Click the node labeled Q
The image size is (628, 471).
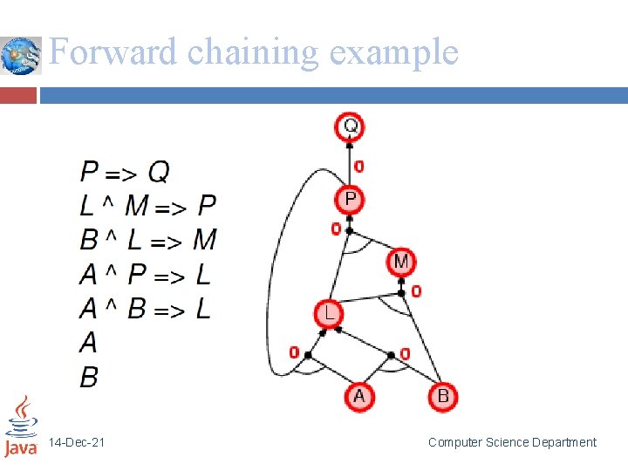pyautogui.click(x=350, y=126)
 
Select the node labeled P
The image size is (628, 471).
pyautogui.click(x=350, y=200)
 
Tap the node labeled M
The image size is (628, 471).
pyautogui.click(x=400, y=261)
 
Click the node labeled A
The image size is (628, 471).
pyautogui.click(x=358, y=397)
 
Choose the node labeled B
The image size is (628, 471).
pyautogui.click(x=442, y=397)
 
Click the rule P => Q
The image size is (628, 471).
pyautogui.click(x=124, y=172)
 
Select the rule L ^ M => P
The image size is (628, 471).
pyautogui.click(x=147, y=206)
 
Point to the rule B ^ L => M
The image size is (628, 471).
pyautogui.click(x=147, y=240)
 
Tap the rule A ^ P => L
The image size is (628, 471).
pyautogui.click(x=145, y=275)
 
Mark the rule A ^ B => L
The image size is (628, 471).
pyautogui.click(x=145, y=309)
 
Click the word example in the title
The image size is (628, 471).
pyautogui.click(x=393, y=52)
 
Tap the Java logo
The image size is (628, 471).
pyautogui.click(x=21, y=427)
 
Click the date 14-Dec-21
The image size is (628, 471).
pyautogui.click(x=77, y=443)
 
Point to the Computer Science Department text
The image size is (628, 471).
pyautogui.click(x=512, y=443)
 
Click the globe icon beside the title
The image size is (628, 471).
pyautogui.click(x=21, y=56)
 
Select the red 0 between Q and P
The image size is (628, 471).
pyautogui.click(x=359, y=166)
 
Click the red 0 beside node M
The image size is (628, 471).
pyautogui.click(x=416, y=290)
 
